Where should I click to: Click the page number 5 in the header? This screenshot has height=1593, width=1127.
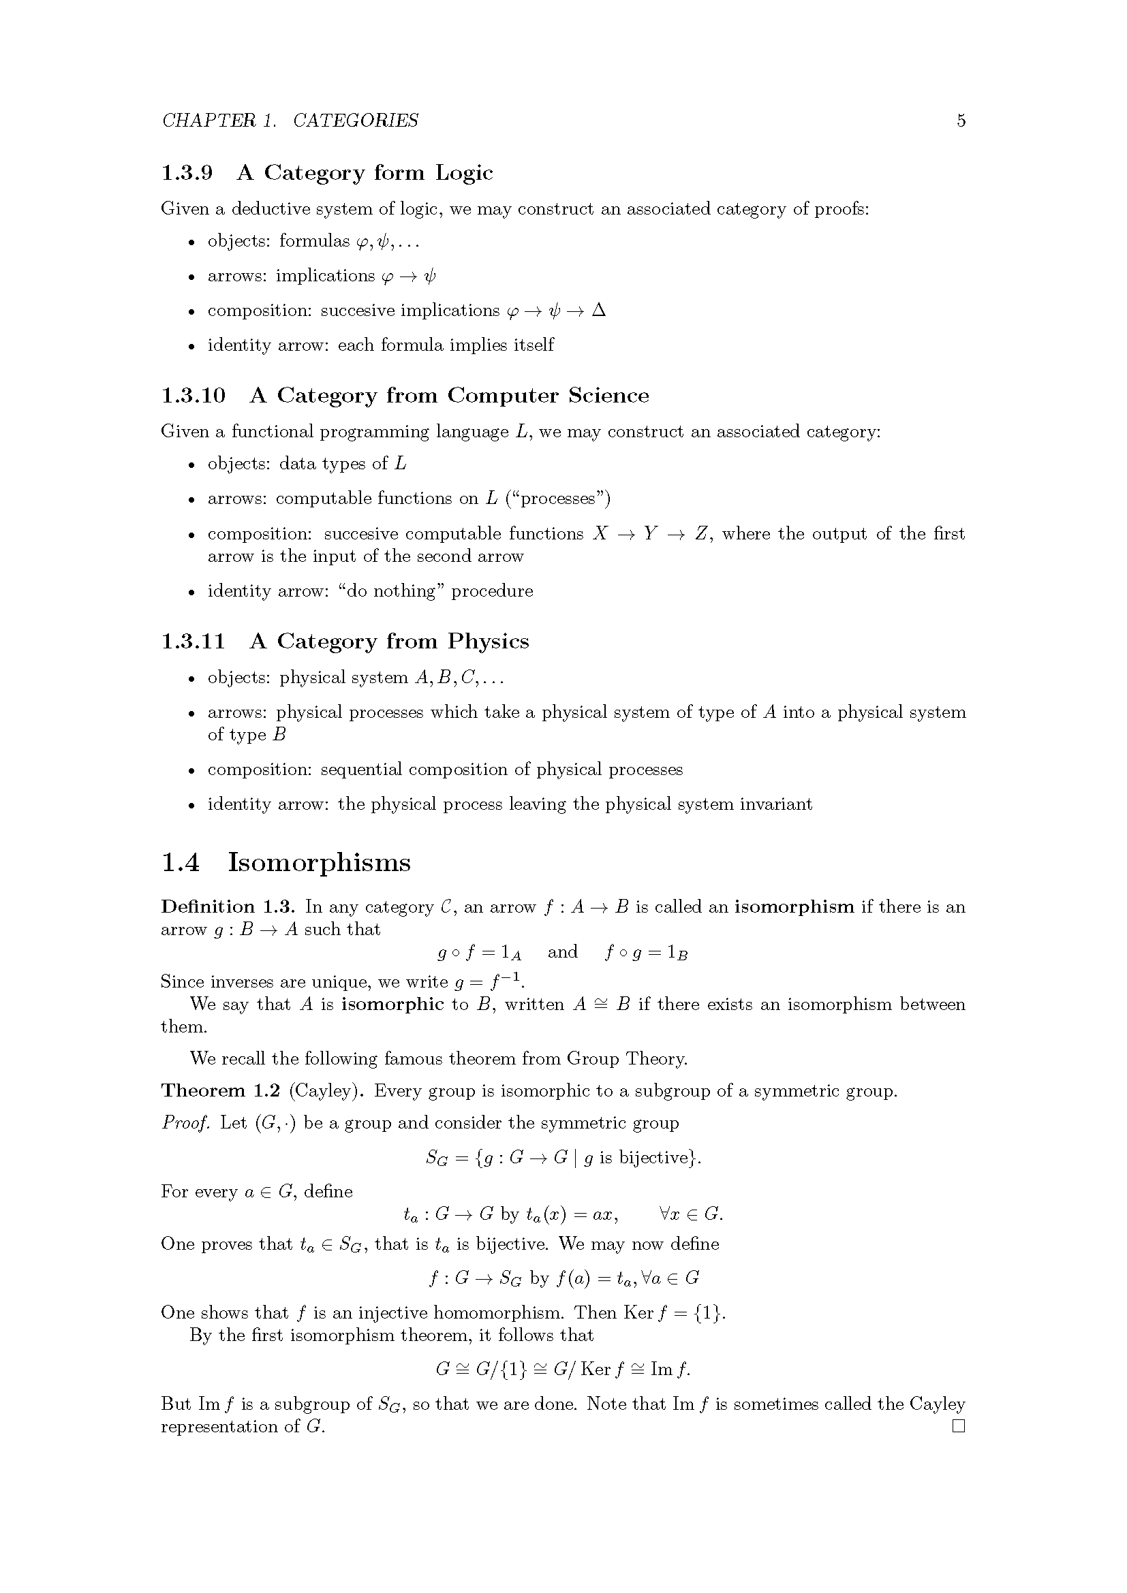[x=961, y=121]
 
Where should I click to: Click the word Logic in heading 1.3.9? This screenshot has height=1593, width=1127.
[x=463, y=173]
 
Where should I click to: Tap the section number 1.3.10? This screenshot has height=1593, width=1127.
[x=193, y=396]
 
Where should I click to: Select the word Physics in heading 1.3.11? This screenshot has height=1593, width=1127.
[x=488, y=641]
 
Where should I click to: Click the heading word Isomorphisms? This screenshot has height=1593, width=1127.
[x=319, y=862]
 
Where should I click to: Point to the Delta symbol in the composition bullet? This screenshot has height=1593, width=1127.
[x=598, y=310]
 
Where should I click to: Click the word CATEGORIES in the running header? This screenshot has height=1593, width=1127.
[x=355, y=121]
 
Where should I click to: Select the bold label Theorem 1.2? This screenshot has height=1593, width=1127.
[x=221, y=1090]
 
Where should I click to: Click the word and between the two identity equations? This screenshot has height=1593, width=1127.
[x=562, y=952]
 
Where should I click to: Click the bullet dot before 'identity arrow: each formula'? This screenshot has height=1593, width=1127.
[x=192, y=346]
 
